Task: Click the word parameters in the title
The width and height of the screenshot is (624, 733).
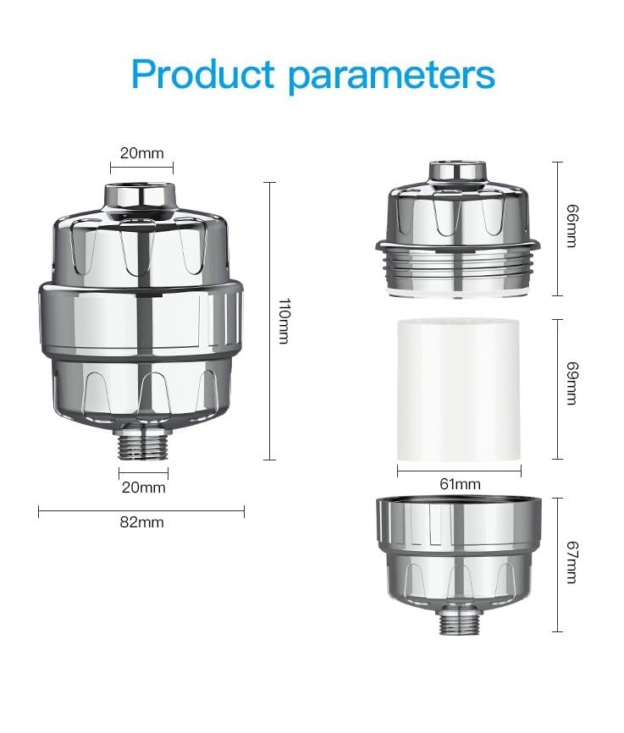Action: pos(391,76)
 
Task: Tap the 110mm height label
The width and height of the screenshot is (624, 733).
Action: pos(284,321)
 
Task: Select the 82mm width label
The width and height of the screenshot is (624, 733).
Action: pos(141,522)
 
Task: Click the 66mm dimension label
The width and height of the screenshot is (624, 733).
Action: pos(570,229)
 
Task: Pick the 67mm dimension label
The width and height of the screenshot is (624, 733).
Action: pos(570,565)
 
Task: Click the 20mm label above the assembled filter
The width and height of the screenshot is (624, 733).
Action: pos(141,153)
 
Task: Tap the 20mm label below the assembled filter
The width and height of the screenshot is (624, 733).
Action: pos(141,488)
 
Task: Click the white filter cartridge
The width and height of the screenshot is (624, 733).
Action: pos(458,389)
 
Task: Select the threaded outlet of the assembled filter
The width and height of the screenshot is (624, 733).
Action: pos(141,445)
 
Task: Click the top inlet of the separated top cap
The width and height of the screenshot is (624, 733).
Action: pos(458,172)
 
